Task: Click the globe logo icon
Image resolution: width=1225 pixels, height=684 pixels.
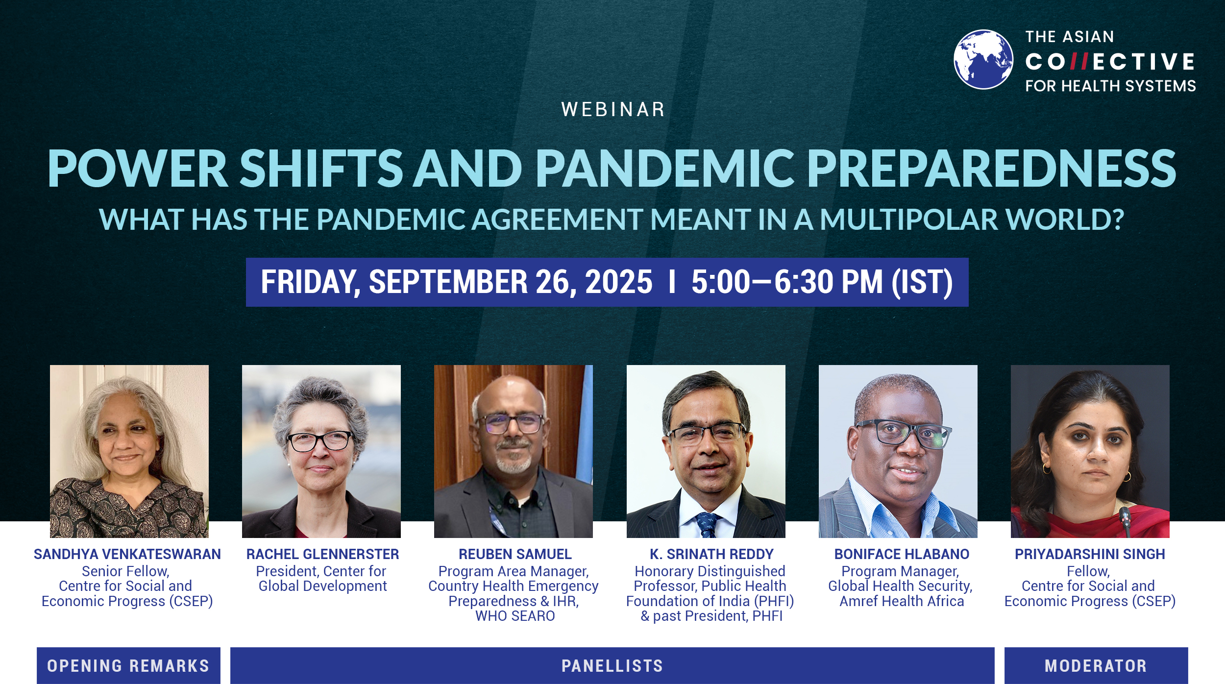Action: click(983, 59)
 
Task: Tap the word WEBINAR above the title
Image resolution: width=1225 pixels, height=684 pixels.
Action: click(613, 109)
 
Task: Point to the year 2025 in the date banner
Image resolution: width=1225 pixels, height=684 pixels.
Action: click(619, 282)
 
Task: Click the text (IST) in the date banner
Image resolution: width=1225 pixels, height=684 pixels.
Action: click(922, 282)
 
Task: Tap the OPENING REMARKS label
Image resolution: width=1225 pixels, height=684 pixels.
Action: click(128, 666)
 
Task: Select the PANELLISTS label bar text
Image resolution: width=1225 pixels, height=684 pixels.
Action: click(612, 666)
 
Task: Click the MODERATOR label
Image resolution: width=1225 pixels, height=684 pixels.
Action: click(1096, 666)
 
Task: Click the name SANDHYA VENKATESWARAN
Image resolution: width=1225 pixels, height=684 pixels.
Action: click(127, 554)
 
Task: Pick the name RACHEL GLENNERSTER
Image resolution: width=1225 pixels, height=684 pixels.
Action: click(323, 554)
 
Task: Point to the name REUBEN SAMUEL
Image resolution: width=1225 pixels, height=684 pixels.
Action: click(515, 554)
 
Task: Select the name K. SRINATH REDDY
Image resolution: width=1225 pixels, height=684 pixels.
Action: click(711, 554)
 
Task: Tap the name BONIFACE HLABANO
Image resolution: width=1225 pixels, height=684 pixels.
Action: click(902, 554)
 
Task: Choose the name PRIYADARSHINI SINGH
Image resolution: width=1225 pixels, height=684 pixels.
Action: click(1090, 554)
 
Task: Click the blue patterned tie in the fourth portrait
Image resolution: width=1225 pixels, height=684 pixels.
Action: click(707, 525)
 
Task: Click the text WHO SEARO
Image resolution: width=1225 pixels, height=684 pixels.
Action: click(515, 616)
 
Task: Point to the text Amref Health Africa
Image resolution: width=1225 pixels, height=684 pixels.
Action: click(902, 601)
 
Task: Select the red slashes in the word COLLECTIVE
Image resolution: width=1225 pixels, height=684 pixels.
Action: click(1079, 62)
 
